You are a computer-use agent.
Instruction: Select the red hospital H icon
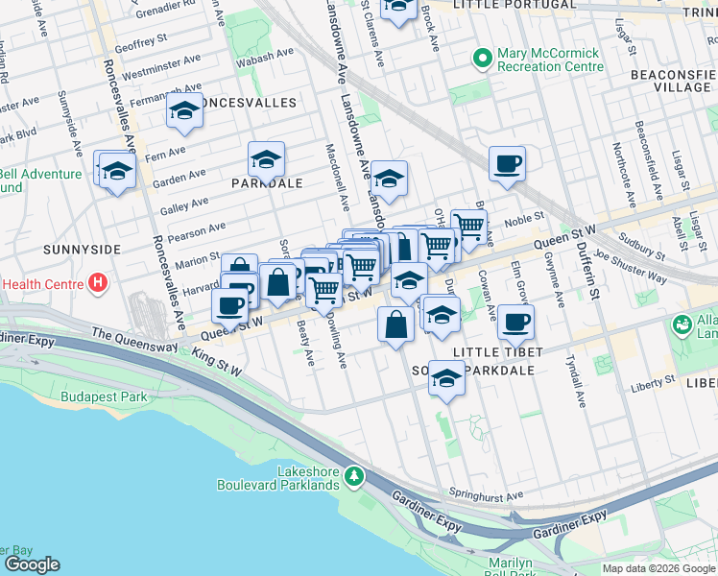(96, 283)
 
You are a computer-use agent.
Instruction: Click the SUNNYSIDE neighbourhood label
(82, 249)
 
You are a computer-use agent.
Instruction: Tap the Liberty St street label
(653, 382)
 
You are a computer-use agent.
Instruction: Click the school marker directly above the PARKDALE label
(266, 157)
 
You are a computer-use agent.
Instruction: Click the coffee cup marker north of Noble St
(506, 162)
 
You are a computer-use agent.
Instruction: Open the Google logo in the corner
(31, 564)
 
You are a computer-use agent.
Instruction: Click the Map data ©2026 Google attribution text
(658, 568)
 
